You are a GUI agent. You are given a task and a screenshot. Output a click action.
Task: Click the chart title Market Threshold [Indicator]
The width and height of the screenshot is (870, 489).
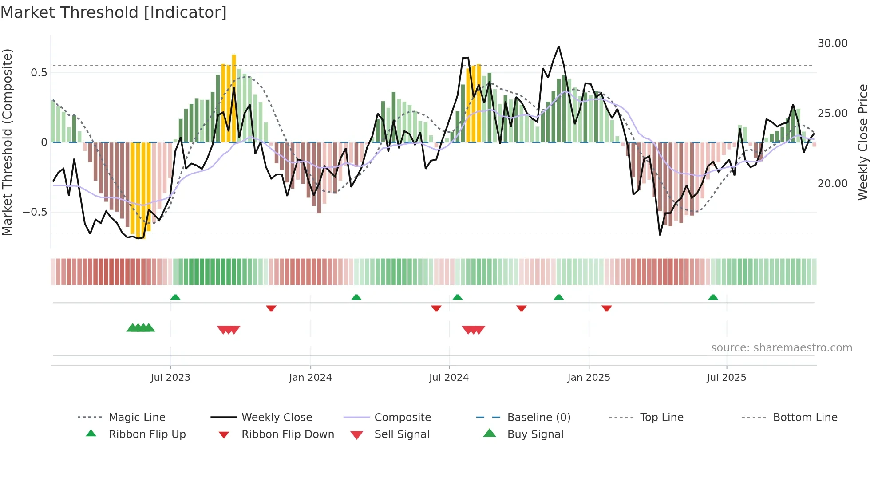114,12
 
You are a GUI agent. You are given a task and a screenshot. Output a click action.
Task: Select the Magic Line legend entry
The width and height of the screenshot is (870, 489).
137,418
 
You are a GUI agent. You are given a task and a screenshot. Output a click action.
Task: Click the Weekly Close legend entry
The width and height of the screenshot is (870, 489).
277,418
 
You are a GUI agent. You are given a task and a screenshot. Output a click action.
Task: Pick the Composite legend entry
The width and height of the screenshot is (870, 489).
402,418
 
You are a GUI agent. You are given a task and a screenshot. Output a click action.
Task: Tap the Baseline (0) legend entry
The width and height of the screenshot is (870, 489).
538,418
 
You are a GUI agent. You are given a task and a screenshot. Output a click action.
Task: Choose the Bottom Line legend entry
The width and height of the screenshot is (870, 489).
805,418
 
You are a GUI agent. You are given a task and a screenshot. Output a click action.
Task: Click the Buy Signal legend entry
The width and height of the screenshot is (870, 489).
535,434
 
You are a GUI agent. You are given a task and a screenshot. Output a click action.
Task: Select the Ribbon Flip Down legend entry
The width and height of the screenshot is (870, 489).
287,434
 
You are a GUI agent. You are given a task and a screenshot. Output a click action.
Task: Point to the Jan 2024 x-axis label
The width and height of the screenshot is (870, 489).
310,378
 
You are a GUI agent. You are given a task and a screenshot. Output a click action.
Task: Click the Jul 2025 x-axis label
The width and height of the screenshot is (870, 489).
726,378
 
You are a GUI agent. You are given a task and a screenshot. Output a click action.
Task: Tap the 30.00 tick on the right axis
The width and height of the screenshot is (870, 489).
832,43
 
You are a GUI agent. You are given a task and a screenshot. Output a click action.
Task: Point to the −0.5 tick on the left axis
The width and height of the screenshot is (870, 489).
35,212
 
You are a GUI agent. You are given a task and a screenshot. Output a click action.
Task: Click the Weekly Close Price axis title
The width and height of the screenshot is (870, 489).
862,142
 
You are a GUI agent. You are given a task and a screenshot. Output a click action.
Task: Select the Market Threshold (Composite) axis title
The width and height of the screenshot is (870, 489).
8,142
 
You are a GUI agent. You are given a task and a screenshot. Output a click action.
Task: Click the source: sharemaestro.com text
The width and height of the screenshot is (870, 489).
781,348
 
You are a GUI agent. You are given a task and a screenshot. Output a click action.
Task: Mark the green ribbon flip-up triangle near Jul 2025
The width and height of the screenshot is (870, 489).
713,297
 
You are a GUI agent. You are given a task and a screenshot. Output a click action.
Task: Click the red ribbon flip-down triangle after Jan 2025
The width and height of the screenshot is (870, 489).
607,308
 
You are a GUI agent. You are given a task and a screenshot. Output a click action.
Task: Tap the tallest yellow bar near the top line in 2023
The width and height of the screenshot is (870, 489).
234,98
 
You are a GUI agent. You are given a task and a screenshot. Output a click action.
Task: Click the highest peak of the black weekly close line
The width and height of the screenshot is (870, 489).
558,47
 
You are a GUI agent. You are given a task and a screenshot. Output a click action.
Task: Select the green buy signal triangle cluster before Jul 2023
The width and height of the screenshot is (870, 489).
141,328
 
